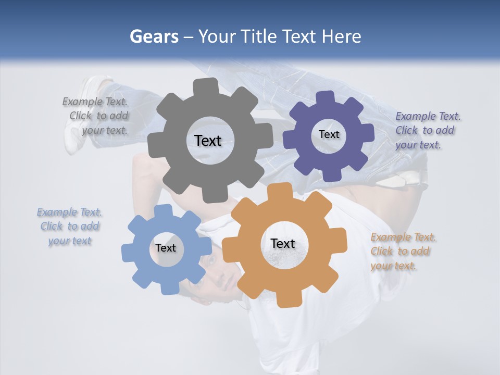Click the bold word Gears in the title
tap(154, 36)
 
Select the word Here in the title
tap(341, 36)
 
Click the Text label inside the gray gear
tap(208, 141)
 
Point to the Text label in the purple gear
tap(329, 134)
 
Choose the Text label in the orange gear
tap(283, 243)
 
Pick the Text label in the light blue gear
tap(166, 248)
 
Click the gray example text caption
tap(97, 116)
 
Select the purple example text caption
tap(427, 130)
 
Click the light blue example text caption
tap(70, 226)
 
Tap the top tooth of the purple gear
tap(326, 97)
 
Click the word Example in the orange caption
tap(387, 238)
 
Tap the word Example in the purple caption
tap(412, 116)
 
